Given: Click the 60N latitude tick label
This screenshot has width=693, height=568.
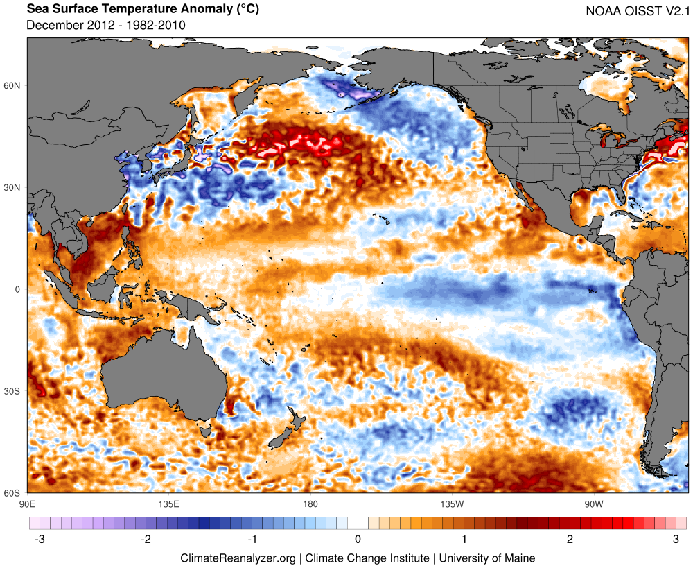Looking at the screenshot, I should pos(14,85).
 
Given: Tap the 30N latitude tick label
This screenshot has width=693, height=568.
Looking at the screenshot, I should pos(14,187).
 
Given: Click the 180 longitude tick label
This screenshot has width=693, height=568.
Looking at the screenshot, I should pos(310,503).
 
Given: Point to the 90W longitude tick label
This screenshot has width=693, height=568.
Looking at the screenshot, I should pos(593,503).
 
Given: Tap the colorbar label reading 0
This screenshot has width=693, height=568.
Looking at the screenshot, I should pos(358,539).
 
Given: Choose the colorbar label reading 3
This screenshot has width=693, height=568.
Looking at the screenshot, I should pos(676,539).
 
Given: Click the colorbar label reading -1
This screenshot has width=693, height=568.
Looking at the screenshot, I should pos(252,539).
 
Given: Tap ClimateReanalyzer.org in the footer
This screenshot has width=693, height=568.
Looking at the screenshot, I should pos(238,558).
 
